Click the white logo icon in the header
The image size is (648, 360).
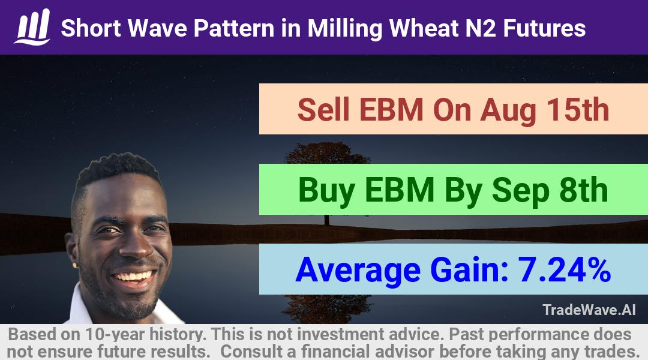[x=32, y=27]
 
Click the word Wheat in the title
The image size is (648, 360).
[x=424, y=28]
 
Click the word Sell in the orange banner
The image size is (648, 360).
[x=323, y=110]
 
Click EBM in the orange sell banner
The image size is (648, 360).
[x=391, y=110]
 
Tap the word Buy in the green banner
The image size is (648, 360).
[x=326, y=191]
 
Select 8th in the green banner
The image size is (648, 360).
[x=584, y=190]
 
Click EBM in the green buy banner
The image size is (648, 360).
[x=399, y=190]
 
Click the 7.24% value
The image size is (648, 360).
[x=564, y=270]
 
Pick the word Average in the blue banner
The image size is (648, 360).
[x=358, y=271]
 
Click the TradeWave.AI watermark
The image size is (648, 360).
[x=589, y=310]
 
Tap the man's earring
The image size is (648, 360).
[x=75, y=265]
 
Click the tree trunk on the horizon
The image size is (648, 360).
[x=327, y=220]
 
